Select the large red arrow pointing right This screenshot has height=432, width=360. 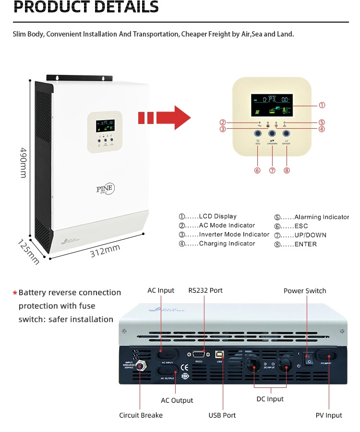[165, 118]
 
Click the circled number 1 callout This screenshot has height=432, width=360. [322, 105]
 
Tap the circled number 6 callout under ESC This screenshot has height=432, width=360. [257, 171]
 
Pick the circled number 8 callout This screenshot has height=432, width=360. [287, 171]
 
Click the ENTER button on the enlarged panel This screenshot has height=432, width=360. [287, 134]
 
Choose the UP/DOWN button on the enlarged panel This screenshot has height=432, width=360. [272, 134]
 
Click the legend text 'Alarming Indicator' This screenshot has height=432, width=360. [321, 217]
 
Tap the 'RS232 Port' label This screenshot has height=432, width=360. [205, 290]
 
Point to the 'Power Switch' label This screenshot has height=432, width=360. [305, 291]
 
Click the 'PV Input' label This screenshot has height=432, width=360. [329, 415]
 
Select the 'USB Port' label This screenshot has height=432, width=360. [222, 415]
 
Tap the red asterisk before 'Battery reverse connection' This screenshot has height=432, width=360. [15, 293]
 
